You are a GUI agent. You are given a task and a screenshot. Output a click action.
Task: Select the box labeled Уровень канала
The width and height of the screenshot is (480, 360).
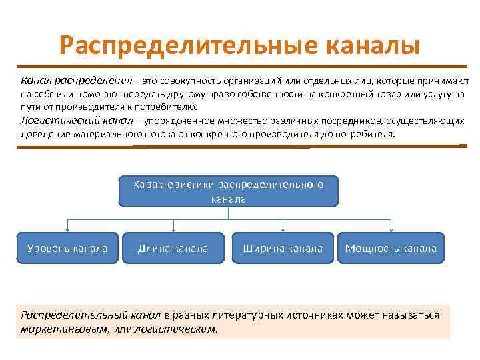(x=67, y=249)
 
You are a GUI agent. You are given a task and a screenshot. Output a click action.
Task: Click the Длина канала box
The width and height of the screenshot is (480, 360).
(x=173, y=249)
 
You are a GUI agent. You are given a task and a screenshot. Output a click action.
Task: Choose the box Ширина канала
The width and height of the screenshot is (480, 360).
(x=283, y=249)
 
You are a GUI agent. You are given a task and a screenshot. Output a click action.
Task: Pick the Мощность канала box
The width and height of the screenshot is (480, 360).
(x=391, y=249)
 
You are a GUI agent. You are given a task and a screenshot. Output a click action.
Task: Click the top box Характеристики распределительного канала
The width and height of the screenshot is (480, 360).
(x=229, y=191)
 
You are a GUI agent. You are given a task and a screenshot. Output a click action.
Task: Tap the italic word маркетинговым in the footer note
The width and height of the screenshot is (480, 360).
(x=56, y=329)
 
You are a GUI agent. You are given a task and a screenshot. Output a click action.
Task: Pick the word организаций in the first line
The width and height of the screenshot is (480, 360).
(x=257, y=81)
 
